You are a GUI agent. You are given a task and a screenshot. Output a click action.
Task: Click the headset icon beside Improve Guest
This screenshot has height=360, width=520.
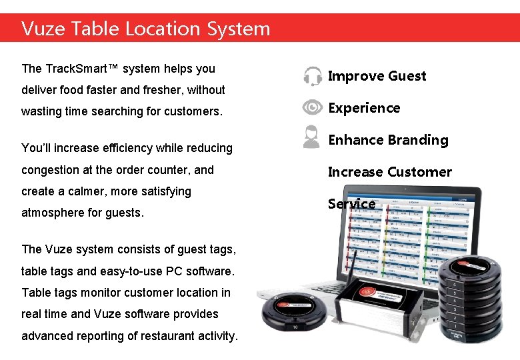[312, 76]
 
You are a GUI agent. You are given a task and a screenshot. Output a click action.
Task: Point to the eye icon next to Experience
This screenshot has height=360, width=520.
[312, 107]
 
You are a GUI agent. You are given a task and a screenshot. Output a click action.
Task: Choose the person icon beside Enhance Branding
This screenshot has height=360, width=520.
[311, 137]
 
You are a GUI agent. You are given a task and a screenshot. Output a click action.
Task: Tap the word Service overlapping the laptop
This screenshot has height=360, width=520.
[351, 204]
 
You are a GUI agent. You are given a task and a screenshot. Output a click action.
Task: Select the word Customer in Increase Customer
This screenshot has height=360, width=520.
[420, 172]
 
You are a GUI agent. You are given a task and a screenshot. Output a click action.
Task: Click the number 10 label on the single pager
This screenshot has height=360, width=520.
[295, 327]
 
